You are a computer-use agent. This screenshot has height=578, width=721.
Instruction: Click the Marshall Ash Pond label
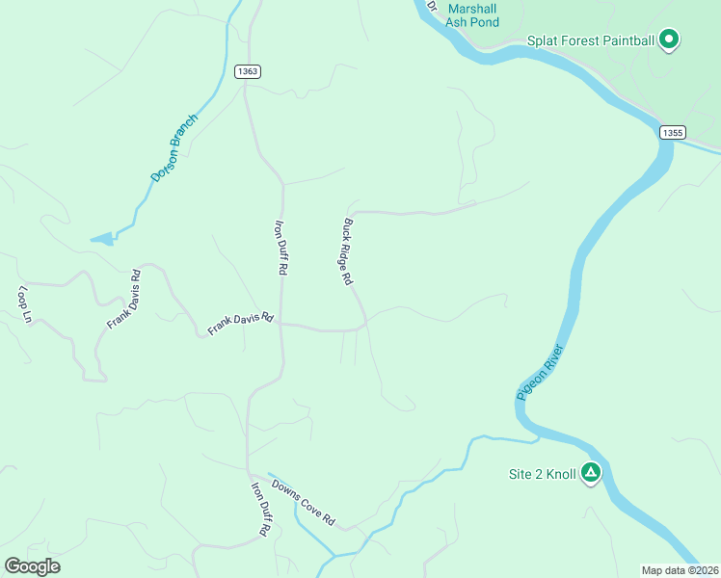pos(473,14)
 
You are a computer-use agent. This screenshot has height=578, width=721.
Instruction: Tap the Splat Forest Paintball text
pos(591,40)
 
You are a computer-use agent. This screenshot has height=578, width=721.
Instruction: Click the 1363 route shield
pos(247,71)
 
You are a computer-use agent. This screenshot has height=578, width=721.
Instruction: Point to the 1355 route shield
pos(673,131)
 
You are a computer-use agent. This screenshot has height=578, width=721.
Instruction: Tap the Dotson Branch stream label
pos(174,148)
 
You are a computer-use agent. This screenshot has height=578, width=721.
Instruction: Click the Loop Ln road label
pos(25,304)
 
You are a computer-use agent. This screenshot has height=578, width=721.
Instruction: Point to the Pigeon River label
pos(540,371)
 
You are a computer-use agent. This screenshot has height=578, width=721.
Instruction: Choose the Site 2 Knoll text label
pos(542,474)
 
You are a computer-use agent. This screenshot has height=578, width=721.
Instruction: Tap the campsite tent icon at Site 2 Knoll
pos(590,473)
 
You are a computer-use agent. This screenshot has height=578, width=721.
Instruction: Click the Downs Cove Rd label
pos(303,502)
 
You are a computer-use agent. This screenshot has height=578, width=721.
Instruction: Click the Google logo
pos(32,566)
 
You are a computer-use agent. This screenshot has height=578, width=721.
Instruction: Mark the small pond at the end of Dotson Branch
pos(101,238)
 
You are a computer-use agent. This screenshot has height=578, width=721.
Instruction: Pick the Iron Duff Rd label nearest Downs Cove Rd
pos(260,508)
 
